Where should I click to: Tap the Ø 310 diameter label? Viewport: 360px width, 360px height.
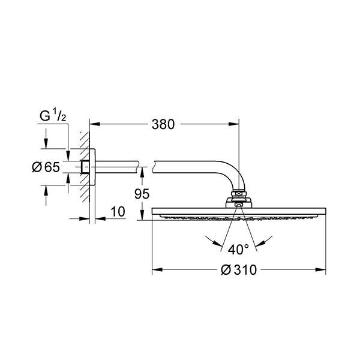[x=239, y=270]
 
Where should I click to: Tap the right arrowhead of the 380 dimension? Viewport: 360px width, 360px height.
[x=236, y=125]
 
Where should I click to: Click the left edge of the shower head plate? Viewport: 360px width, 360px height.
[x=153, y=212]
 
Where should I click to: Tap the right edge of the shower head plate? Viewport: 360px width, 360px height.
[x=325, y=212]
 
